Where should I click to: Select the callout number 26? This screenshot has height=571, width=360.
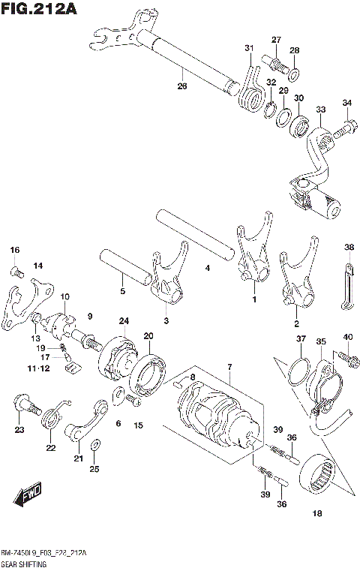(x=181, y=86)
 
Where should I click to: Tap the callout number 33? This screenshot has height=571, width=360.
(x=321, y=110)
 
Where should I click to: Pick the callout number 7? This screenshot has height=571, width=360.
(x=230, y=365)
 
